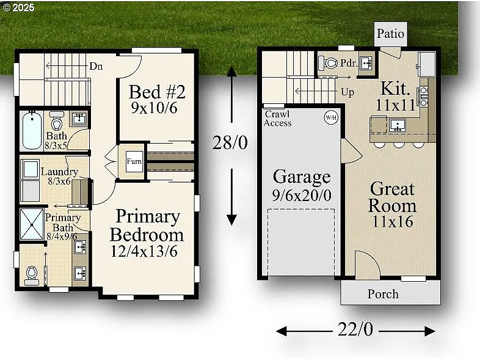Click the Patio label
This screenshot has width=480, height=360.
tap(390, 34)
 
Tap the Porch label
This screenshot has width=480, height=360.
tap(383, 294)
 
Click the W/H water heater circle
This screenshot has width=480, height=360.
tap(330, 117)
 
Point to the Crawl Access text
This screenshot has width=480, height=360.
tap(278, 119)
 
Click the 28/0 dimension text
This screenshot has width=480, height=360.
tap(231, 143)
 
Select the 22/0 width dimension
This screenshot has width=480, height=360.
tap(355, 329)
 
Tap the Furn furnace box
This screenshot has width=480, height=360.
tap(134, 163)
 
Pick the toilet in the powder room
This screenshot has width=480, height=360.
tap(330, 63)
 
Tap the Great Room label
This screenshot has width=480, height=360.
tap(391, 197)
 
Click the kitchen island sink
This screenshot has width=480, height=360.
tap(398, 125)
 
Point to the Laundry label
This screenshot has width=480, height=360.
tap(59, 172)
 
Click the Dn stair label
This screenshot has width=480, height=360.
tap(96, 66)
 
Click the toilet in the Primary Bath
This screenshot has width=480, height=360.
tap(32, 274)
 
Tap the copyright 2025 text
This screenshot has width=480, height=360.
tap(19, 8)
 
